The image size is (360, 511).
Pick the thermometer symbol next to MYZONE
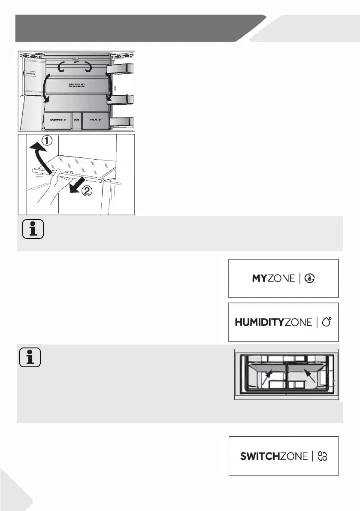pos(309,278)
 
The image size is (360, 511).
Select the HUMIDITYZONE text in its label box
pos(273,322)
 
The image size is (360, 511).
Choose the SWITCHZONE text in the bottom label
pos(273,456)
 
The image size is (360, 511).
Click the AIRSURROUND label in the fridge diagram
pos(76,85)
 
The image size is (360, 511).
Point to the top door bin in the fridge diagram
pos(121,69)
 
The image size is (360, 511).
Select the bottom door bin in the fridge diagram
pos(121,122)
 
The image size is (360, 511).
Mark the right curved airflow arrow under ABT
pos(88,67)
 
